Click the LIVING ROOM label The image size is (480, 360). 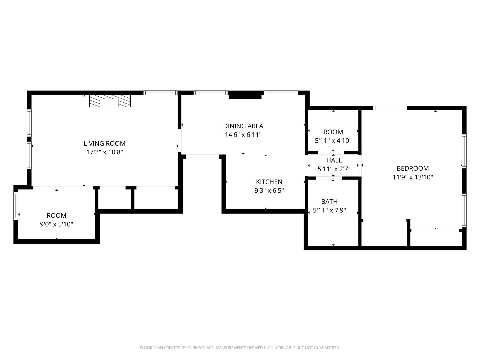point(105,143)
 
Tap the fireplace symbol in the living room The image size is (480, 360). point(110,101)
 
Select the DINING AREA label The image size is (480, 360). point(243,126)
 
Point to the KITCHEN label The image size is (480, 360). point(269,182)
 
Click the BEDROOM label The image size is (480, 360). point(413,168)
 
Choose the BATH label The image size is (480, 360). point(329,201)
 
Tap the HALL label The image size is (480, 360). point(334,160)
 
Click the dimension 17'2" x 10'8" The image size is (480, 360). point(105,152)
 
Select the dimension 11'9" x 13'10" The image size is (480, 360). point(413,177)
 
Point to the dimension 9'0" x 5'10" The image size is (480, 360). point(56,224)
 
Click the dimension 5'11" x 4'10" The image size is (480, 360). point(333,141)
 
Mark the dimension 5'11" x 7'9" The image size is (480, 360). point(329,210)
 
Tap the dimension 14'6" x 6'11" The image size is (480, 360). point(243,135)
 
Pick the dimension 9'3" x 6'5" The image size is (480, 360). point(269,191)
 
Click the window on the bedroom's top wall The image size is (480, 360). point(390,108)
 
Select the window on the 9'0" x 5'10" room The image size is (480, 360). point(16,206)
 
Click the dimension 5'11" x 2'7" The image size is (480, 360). point(334,169)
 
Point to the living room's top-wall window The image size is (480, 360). point(160,93)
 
